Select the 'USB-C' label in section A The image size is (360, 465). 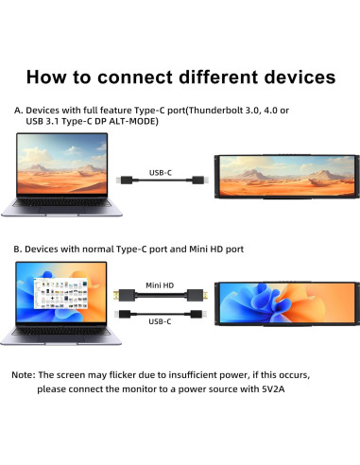tap(163, 172)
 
